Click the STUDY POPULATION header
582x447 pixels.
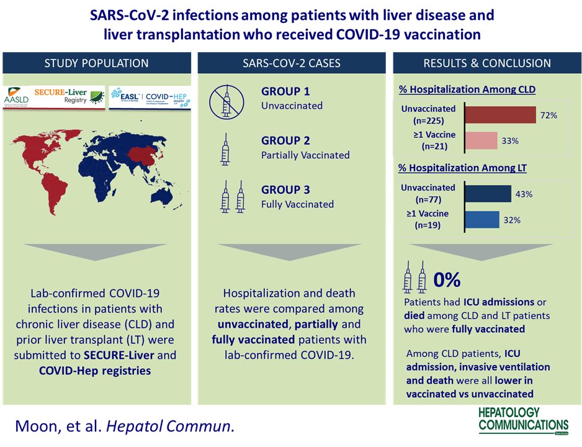tap(96, 63)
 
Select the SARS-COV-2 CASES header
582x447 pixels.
tap(291, 63)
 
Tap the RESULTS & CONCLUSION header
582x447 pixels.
tap(486, 63)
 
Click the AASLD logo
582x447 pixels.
tap(17, 98)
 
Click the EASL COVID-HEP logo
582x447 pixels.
tap(150, 98)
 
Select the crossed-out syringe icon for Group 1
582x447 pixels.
tap(225, 101)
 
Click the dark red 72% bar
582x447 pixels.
tap(499, 115)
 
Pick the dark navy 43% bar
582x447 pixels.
tap(488, 194)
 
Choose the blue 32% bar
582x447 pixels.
tap(481, 219)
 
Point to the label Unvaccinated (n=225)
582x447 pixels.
tap(428, 114)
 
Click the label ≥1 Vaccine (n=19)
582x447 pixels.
tap(428, 220)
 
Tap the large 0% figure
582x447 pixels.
tap(447, 280)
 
